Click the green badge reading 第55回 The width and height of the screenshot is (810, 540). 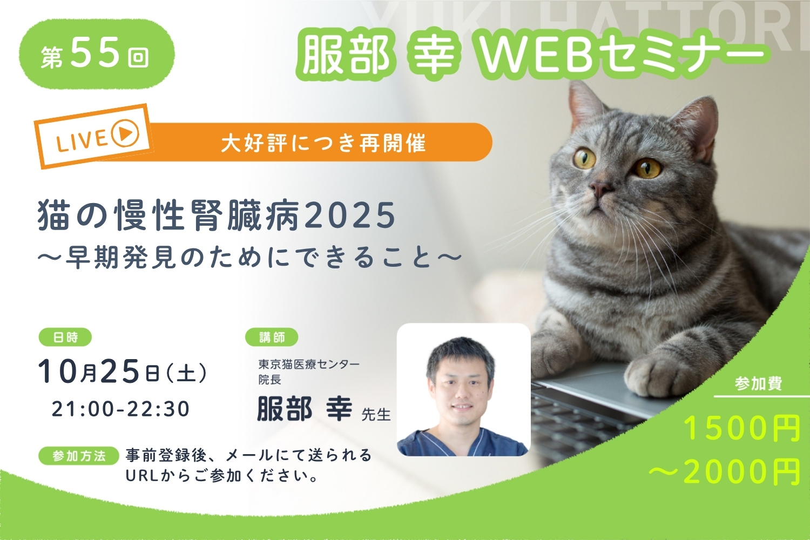point(97,54)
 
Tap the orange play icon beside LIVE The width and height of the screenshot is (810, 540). point(125,133)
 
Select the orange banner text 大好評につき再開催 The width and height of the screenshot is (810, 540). point(323,143)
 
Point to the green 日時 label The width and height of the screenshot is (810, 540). point(65,337)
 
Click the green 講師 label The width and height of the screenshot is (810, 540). point(272,337)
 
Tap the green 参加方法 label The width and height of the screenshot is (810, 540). point(79,456)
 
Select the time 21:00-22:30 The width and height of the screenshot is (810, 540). point(121,409)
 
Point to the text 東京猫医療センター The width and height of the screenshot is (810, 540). point(308,364)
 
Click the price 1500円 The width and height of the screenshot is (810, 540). point(741,428)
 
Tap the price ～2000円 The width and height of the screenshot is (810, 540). point(724,471)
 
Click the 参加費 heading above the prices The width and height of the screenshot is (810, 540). point(758,383)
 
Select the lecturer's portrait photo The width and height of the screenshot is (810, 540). point(463,389)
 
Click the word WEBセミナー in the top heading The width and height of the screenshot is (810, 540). point(620,55)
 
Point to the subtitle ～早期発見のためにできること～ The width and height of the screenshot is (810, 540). point(250,258)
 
